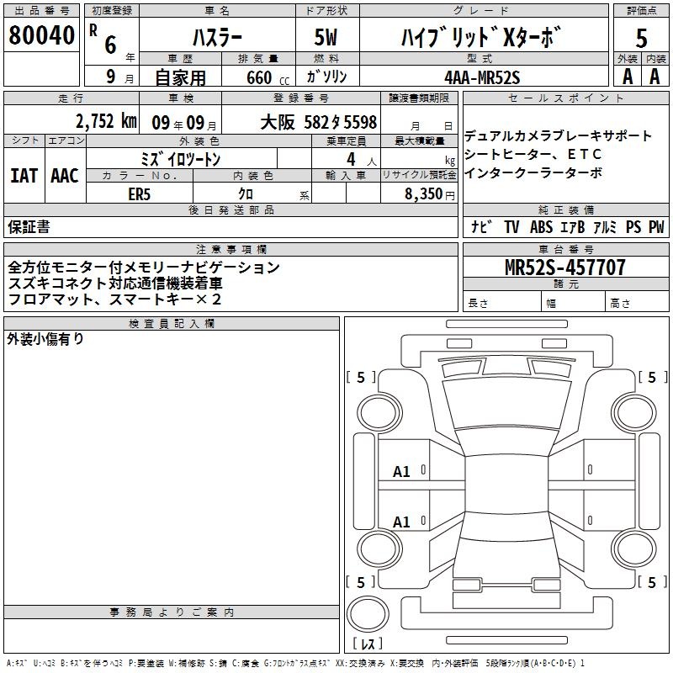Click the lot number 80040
point(41,35)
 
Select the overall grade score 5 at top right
point(641,38)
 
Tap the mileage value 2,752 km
point(106,121)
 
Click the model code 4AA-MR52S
point(482,77)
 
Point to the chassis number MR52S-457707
point(565,268)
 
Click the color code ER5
point(139,194)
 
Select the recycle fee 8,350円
point(430,194)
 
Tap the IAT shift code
point(24,176)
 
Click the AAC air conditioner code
point(65,176)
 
